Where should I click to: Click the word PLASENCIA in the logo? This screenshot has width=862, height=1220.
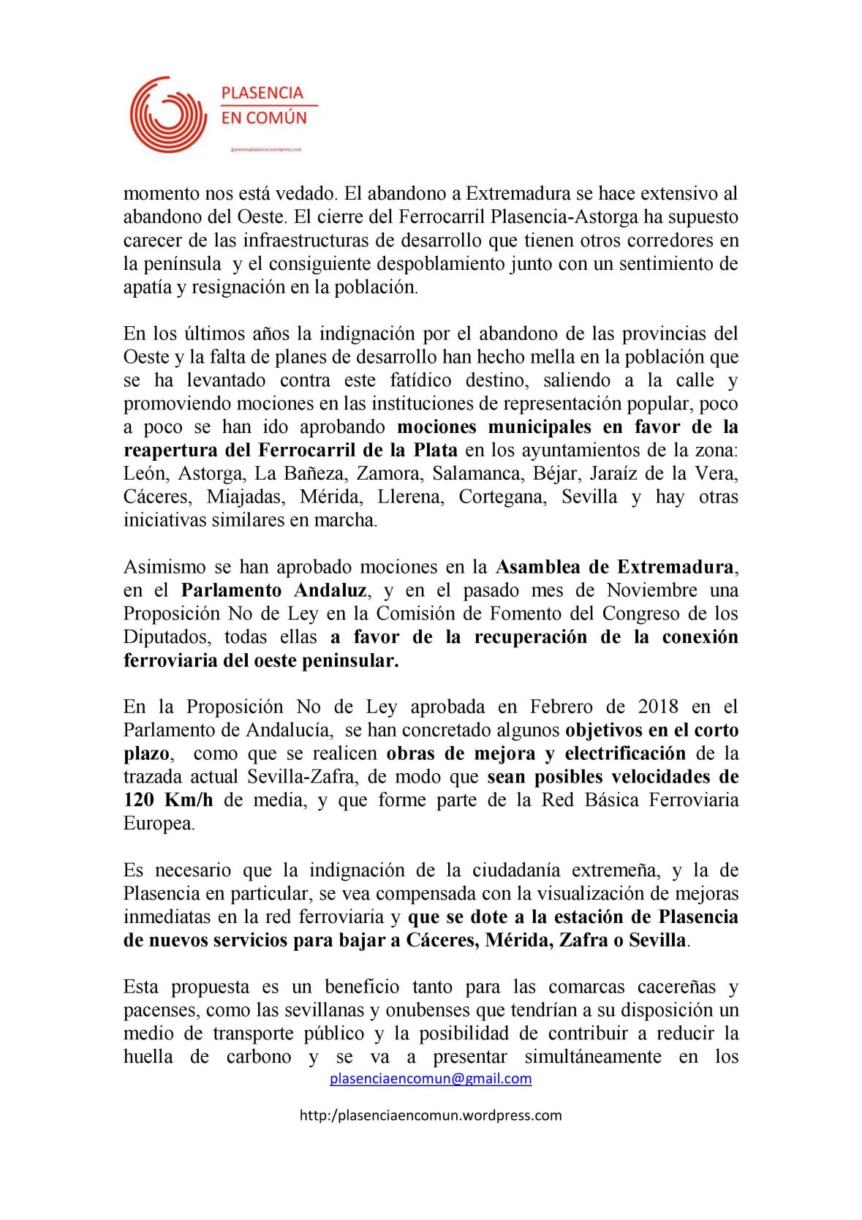262,93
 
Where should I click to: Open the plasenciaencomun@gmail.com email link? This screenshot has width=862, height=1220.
431,1079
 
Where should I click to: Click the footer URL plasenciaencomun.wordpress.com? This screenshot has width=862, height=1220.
431,1115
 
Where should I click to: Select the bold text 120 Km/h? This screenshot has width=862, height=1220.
168,800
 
